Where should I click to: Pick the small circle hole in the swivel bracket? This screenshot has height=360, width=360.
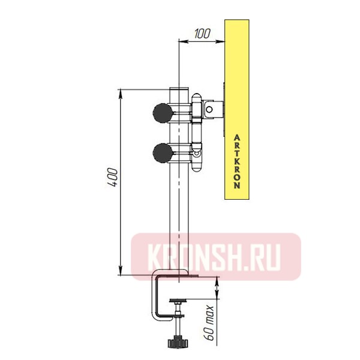coord(209,109)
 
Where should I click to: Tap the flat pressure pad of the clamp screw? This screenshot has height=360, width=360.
coord(178,302)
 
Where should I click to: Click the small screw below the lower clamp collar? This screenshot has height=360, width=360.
coord(196,155)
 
